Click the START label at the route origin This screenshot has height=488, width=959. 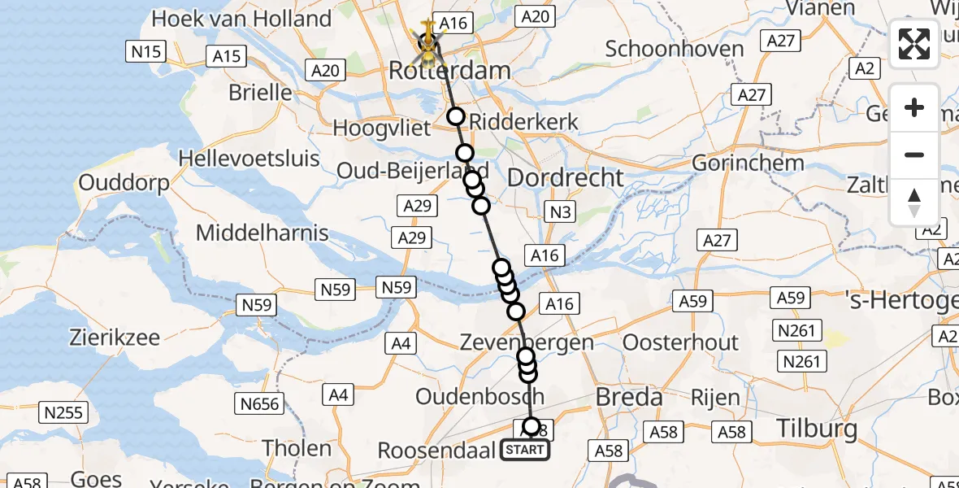point(524,450)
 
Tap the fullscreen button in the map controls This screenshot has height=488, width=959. point(914,44)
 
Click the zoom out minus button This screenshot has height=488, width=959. point(914,155)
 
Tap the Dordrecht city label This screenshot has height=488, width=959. point(565,177)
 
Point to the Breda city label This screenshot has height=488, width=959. point(629,398)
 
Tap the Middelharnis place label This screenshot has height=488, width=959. point(262,233)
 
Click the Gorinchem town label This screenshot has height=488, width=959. point(748,163)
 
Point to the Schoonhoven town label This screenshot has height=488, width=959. point(675,49)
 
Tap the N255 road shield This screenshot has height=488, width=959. point(63,412)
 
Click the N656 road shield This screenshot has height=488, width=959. point(260,403)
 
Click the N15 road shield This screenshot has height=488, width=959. point(146,53)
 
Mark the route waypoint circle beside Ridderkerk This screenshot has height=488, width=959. point(455,117)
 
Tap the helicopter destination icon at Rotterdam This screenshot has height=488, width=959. point(427,42)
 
